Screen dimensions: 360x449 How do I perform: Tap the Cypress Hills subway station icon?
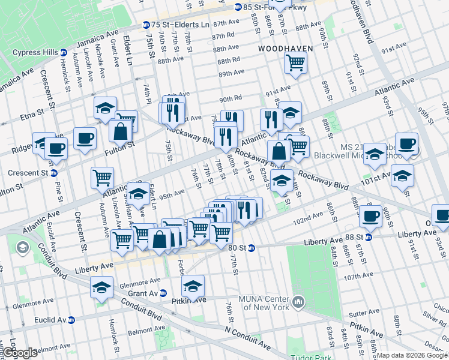63,52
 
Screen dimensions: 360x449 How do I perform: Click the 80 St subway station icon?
252,248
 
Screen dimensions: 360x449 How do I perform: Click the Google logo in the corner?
20,353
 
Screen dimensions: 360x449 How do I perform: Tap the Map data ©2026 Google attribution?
412,355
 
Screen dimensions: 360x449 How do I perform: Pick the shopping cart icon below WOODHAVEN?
295,62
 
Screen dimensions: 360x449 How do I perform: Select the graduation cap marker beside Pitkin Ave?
193,286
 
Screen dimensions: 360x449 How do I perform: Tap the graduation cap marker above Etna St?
105,108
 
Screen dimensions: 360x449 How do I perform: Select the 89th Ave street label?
232,73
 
